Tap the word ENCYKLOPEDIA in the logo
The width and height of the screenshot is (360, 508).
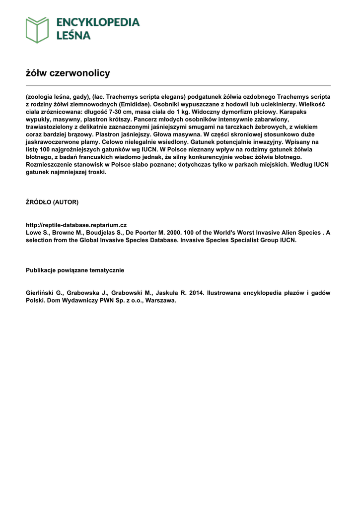[x=98, y=22]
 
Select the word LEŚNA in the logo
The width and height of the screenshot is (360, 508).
[x=73, y=35]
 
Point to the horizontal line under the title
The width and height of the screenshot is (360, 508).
[x=178, y=85]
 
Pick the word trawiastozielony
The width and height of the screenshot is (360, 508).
[x=50, y=127]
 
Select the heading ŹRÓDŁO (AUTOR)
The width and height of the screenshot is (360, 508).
[x=52, y=202]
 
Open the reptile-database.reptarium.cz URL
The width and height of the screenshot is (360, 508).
[x=76, y=225]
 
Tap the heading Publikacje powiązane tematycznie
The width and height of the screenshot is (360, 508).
[x=75, y=270]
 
